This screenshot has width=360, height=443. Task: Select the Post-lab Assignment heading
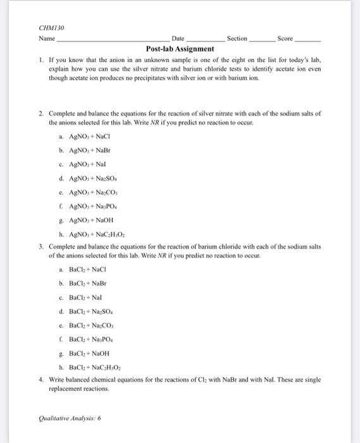(180, 48)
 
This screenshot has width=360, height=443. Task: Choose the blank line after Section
(259, 40)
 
